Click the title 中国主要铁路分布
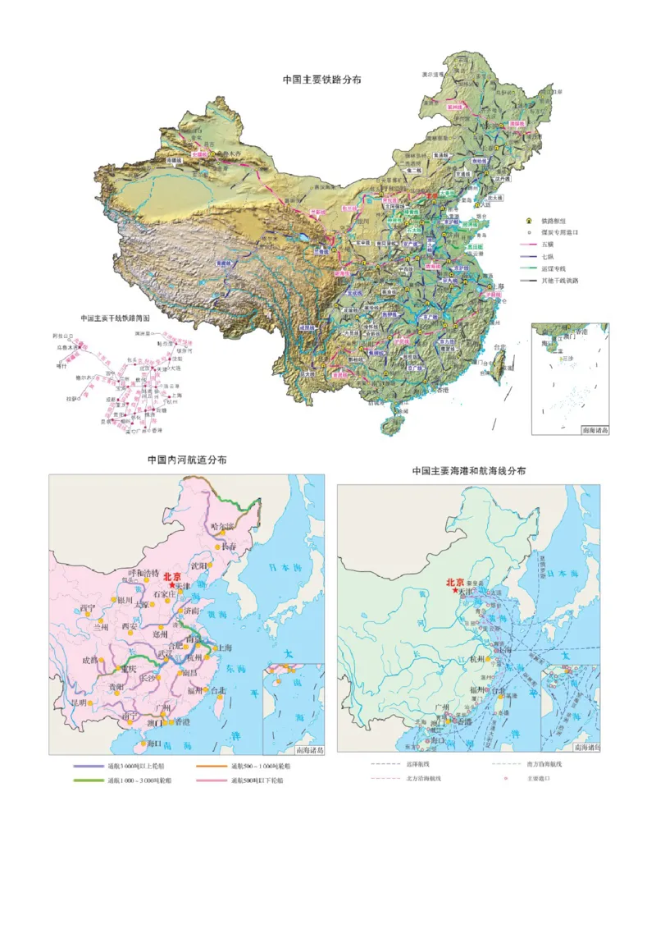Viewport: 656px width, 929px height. (x=321, y=80)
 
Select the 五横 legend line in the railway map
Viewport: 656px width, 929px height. (x=529, y=245)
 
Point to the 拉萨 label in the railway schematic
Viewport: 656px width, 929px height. (x=71, y=399)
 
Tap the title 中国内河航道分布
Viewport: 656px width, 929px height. (x=187, y=460)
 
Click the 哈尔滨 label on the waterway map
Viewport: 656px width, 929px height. (x=223, y=526)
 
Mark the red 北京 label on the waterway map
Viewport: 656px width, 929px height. (x=173, y=576)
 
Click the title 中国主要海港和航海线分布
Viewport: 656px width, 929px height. (x=469, y=471)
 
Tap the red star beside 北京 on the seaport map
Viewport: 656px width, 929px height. (x=455, y=591)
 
